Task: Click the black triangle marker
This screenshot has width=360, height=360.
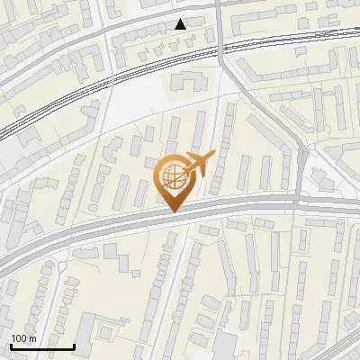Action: coord(181,24)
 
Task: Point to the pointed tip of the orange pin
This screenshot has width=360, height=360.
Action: coord(173,211)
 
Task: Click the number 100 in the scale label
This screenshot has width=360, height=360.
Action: coord(19,338)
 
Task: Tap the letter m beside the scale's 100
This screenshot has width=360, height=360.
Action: coord(32,338)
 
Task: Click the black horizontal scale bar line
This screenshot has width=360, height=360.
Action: coord(41,346)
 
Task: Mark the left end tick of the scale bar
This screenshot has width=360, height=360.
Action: coord(10,345)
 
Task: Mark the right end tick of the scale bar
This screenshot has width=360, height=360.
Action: coord(74,345)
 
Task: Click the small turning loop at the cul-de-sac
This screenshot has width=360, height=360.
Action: coord(62,267)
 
